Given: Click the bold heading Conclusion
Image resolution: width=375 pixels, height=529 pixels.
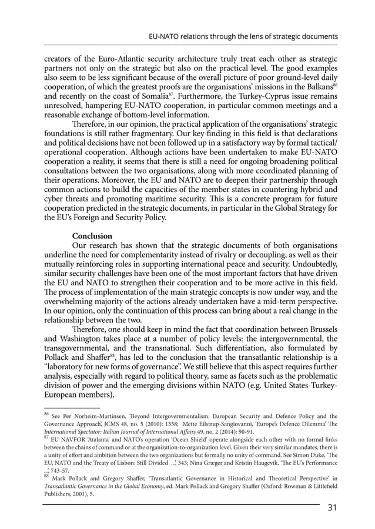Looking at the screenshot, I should (x=92, y=236).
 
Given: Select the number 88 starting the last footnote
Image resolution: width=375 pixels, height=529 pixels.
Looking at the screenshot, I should (x=48, y=477).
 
